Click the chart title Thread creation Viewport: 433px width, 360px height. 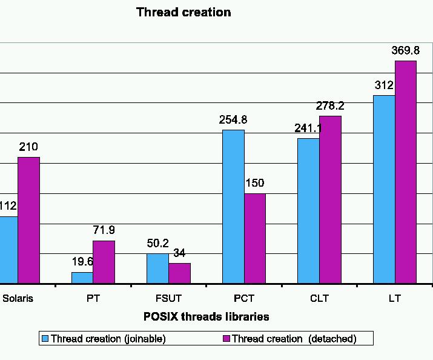pos(183,12)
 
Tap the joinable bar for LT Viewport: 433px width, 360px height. pos(384,189)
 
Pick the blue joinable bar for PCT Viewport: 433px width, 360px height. pos(233,206)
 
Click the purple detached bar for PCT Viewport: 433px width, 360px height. pos(255,238)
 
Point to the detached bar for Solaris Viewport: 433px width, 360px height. pos(28,220)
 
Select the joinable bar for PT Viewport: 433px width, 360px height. pos(82,278)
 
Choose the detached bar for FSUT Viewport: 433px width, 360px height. pos(179,273)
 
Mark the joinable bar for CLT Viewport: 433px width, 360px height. pos(308,210)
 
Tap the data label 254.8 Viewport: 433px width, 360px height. pos(233,120)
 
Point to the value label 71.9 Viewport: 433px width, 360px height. pos(104,230)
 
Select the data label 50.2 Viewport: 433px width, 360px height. pos(158,243)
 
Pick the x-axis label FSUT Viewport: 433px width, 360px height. pos(168,299)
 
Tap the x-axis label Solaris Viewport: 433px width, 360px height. pos(18,299)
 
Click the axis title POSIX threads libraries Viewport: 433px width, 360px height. pos(207,316)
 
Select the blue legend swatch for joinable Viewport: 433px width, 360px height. pos(45,338)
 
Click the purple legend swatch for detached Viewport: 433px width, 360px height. pos(226,338)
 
